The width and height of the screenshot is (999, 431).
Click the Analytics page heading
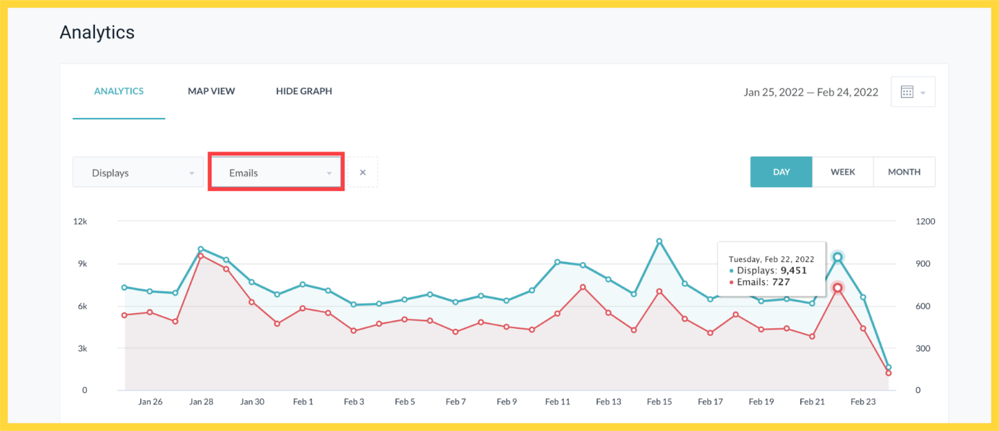click(97, 32)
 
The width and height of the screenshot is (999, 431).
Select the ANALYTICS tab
click(119, 91)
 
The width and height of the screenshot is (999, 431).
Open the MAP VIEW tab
click(211, 91)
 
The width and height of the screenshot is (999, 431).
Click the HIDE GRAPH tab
click(304, 91)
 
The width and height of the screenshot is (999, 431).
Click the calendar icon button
click(912, 92)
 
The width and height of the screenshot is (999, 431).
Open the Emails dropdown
click(276, 173)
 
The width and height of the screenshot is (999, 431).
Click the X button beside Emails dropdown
click(363, 173)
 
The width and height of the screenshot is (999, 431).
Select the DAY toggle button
click(781, 172)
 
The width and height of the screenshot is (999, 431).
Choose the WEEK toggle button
click(842, 172)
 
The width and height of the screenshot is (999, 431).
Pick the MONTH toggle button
click(903, 172)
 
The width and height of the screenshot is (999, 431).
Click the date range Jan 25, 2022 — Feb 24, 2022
click(810, 92)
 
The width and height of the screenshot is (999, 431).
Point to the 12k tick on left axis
click(80, 221)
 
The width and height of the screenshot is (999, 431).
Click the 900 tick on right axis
click(923, 264)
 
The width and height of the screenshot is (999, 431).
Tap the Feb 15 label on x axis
click(659, 402)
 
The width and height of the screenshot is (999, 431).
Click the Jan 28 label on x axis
click(201, 402)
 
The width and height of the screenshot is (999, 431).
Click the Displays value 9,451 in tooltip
click(794, 271)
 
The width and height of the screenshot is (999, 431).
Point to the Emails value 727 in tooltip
click(781, 282)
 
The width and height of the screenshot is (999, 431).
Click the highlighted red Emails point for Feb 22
click(837, 288)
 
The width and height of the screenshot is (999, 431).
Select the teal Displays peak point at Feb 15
click(659, 241)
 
